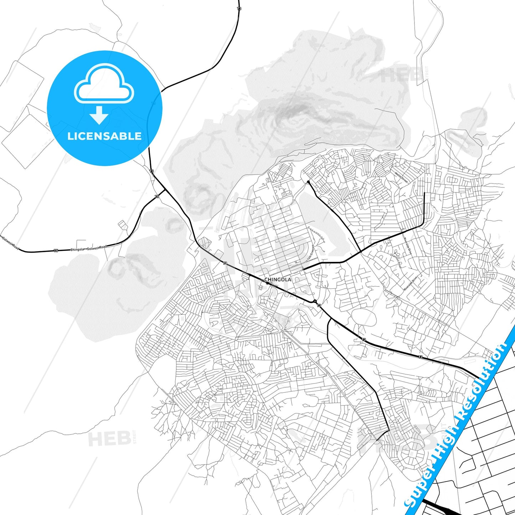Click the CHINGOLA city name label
pos(278,279)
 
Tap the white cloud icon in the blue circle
pos(104,84)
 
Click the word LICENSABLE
pos(104,136)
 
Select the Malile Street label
pos(401,177)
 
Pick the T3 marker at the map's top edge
pos(239,8)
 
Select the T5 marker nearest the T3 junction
pos(157,196)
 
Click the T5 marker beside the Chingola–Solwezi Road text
pos(56,251)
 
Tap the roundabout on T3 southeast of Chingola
pos(315,302)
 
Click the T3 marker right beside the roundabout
pos(319,306)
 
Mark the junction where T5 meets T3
pos(164,190)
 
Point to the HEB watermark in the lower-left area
pos(109,439)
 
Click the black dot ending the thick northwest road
pos(308,182)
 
